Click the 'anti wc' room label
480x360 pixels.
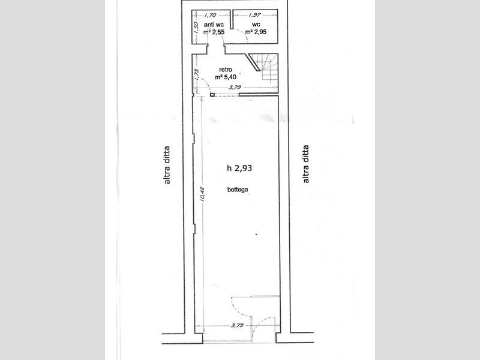tap(214, 25)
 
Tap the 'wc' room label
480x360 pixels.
tap(256, 25)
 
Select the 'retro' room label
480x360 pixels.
tap(226, 70)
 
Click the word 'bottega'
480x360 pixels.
tap(238, 190)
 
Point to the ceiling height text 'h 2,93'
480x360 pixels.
tap(239, 168)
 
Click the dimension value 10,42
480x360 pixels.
tap(202, 194)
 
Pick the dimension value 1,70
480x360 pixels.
tap(211, 14)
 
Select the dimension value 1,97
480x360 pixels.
tap(254, 14)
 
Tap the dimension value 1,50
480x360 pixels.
tap(197, 26)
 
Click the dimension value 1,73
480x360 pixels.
tap(197, 74)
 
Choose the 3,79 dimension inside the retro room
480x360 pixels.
tap(235, 87)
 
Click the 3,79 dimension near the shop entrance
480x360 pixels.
tap(237, 325)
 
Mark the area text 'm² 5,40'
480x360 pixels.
tap(226, 77)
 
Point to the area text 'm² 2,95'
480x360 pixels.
tap(256, 32)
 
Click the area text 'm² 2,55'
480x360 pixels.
tap(214, 32)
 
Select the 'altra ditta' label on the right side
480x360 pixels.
tap(305, 164)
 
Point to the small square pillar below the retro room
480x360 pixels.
tap(212, 95)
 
